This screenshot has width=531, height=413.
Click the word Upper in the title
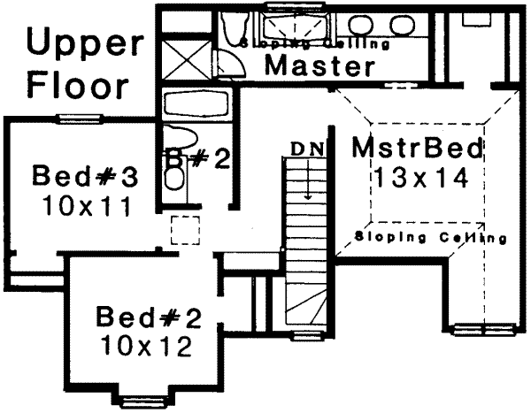click(80, 43)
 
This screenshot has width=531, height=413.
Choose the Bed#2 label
click(144, 315)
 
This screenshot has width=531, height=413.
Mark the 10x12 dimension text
click(144, 346)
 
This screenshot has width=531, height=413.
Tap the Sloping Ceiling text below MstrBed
click(429, 237)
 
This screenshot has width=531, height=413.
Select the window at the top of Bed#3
click(78, 118)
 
